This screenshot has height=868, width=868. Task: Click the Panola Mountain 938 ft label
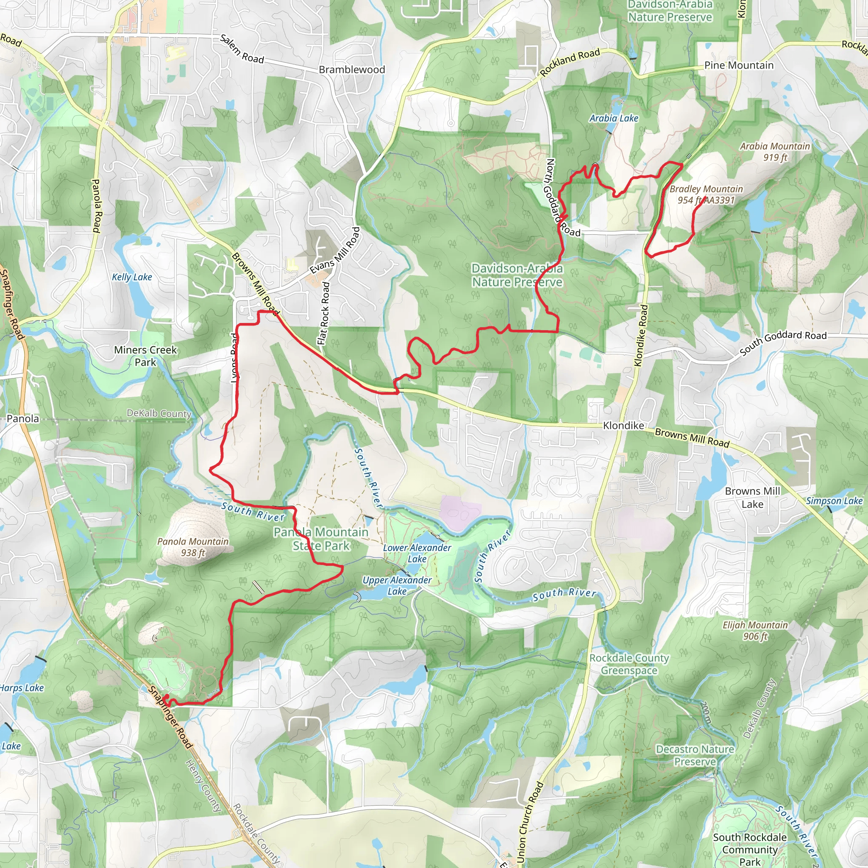(x=193, y=547)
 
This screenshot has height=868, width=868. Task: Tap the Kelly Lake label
(x=132, y=277)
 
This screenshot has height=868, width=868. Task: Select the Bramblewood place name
(x=352, y=70)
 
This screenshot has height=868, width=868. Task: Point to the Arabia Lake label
(x=614, y=118)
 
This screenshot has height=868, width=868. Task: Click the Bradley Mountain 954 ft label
(x=705, y=195)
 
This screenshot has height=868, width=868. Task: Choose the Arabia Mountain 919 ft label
(x=775, y=151)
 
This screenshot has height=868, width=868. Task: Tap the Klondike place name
(x=623, y=426)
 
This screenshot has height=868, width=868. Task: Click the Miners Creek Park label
(x=145, y=356)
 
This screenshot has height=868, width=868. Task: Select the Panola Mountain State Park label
(x=320, y=539)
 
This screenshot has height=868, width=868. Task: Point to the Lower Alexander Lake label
(x=417, y=553)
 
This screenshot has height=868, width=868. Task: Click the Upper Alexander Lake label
(x=397, y=585)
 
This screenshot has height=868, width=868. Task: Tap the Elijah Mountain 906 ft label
(x=755, y=630)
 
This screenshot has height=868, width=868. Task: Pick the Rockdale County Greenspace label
(x=629, y=664)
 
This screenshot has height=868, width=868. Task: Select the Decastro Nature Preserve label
(x=695, y=755)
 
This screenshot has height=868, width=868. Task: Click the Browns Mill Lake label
(x=753, y=497)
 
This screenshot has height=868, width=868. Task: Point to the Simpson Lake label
(x=834, y=501)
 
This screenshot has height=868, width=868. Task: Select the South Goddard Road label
(x=783, y=343)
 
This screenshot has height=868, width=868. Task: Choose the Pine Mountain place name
(x=739, y=65)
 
